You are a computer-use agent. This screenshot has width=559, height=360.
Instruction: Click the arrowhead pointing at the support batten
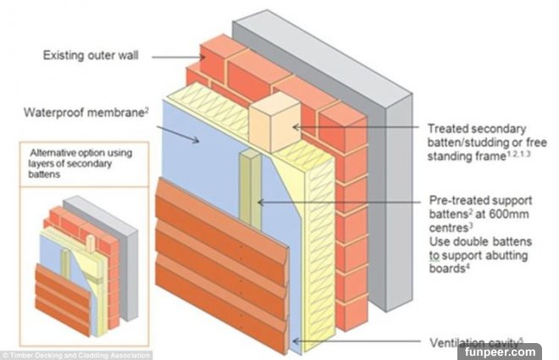259,202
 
